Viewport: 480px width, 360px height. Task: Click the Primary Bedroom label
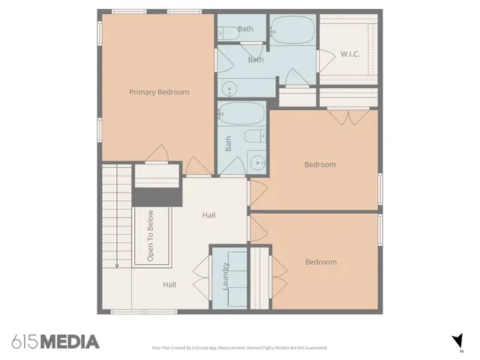pos(159,92)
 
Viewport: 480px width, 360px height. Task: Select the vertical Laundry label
pos(225,275)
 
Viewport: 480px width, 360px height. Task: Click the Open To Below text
pos(151,235)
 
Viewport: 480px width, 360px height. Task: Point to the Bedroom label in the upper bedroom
pos(319,164)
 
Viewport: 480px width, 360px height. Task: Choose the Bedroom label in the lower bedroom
pos(320,262)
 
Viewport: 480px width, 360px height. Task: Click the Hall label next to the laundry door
pos(170,285)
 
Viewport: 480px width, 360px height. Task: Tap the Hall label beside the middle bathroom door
pos(208,216)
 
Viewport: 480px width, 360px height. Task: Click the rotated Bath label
pos(229,143)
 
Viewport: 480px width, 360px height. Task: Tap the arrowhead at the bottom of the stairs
pos(116,265)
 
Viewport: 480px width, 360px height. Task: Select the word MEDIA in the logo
pos(69,342)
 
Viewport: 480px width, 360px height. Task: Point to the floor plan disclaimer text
pos(240,348)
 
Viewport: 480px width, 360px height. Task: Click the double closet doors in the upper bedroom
pos(347,115)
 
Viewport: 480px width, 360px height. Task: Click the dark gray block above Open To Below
pos(157,196)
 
